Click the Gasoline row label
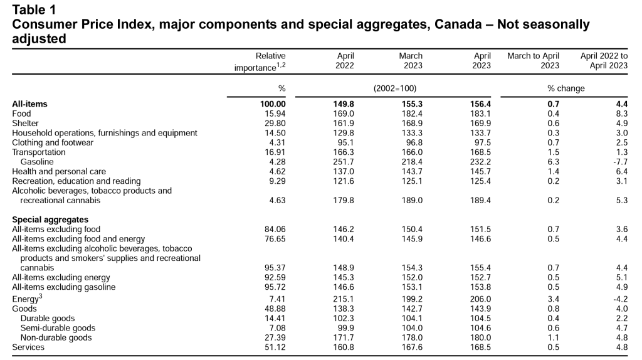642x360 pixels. (x=37, y=162)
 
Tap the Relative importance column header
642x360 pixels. (x=260, y=61)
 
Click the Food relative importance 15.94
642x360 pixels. (x=275, y=114)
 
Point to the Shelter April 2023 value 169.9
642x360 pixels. (x=480, y=124)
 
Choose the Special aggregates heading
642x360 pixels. (x=50, y=220)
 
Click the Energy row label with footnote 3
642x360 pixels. (x=27, y=299)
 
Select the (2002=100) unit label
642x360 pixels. (x=395, y=88)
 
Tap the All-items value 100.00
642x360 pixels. (x=273, y=104)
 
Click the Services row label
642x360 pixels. (x=28, y=347)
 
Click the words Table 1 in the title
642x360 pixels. (x=34, y=10)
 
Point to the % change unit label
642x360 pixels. (x=566, y=88)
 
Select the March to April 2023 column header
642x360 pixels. (x=533, y=61)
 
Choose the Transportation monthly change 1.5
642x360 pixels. (x=553, y=152)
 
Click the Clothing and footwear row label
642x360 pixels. (x=53, y=142)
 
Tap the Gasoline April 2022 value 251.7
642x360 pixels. (x=343, y=162)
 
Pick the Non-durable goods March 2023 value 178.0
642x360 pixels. (x=412, y=337)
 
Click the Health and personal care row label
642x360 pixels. (x=59, y=172)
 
